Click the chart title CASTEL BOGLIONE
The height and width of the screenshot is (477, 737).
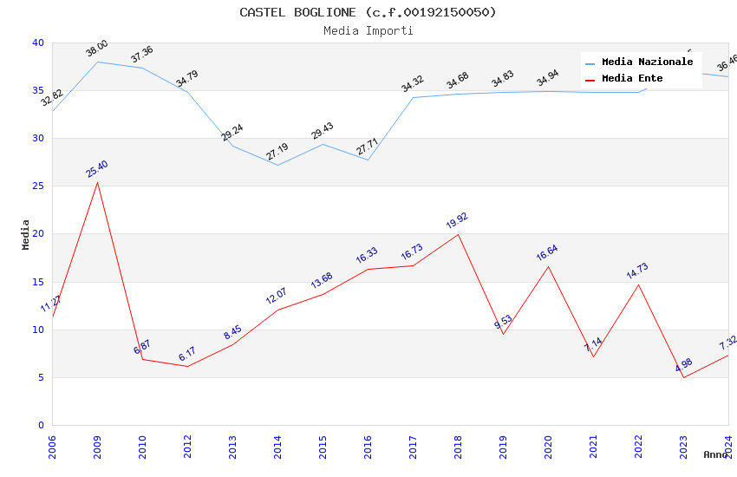(x=368, y=12)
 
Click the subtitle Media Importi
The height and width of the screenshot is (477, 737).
(x=368, y=30)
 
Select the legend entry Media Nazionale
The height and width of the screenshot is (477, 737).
(x=647, y=62)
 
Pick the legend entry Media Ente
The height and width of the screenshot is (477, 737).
(x=632, y=78)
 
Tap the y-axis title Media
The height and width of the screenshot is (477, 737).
(x=26, y=234)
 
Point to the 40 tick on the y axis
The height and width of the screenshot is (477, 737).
(x=38, y=42)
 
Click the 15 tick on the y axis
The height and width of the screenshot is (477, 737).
(x=38, y=282)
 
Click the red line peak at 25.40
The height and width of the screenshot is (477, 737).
(x=97, y=182)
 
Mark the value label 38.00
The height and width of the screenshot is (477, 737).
(x=97, y=49)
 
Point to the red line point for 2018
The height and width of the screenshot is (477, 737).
(x=458, y=234)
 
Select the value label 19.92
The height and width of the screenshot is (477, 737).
(x=458, y=220)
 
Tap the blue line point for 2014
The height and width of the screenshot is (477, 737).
(x=277, y=165)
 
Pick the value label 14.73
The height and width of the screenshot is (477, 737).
(x=638, y=271)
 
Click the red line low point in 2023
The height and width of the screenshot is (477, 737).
(x=683, y=377)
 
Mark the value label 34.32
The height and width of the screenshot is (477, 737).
(x=413, y=83)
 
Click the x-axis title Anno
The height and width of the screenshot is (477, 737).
(x=715, y=454)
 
